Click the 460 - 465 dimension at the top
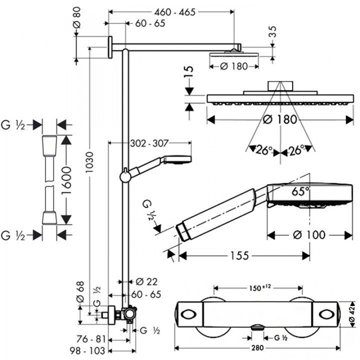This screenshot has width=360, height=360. pos(175,12)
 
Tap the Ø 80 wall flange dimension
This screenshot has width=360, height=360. pos(77,18)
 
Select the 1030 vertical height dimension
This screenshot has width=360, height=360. pos(89,162)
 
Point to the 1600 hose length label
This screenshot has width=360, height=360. pos(66,180)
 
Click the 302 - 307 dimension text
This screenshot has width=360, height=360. pos(149,144)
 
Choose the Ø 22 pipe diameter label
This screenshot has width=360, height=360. pos(147,282)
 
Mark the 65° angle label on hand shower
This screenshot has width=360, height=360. pos(301,191)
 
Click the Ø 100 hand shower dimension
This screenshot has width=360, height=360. pos(309,235)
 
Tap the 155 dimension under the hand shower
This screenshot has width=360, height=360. pos(239,256)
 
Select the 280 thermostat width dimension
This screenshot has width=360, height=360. pos(257,348)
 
